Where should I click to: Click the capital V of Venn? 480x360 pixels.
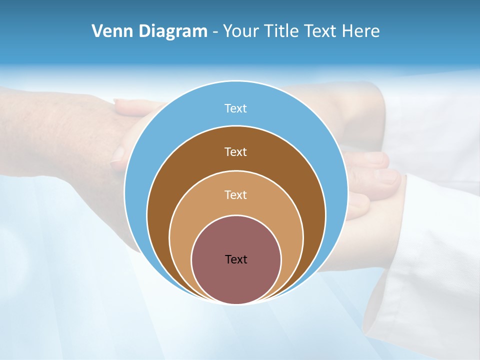pos(97,31)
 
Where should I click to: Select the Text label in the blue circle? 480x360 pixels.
pos(236,108)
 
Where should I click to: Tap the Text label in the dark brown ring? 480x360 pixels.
pos(236,151)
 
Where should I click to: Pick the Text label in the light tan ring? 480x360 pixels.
pos(236,194)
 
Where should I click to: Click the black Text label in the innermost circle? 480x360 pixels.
pos(236,259)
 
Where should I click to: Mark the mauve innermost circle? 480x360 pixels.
pos(236,280)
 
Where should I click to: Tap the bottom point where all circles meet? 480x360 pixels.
pos(236,303)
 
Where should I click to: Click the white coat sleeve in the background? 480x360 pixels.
pos(425,240)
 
